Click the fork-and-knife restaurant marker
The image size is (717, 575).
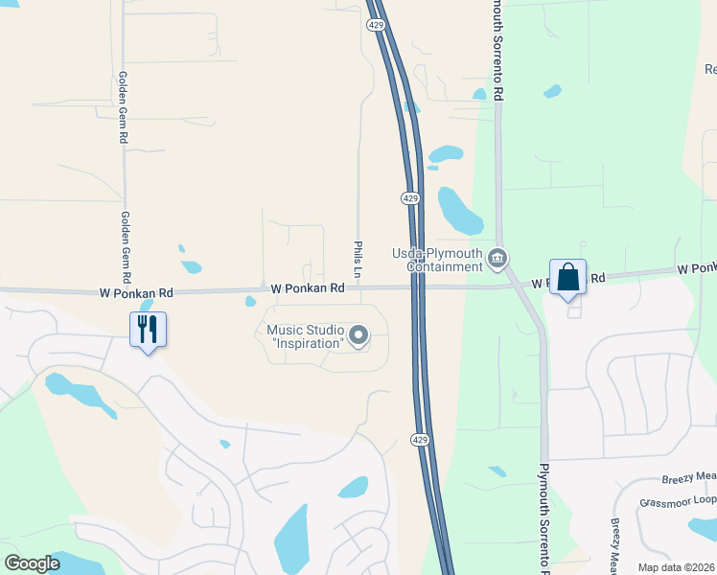(148, 329)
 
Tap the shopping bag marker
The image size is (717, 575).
(567, 277)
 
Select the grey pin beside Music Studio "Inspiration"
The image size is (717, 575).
(358, 334)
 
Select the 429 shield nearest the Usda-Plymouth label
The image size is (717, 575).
(409, 197)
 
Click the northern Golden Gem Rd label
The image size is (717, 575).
(123, 107)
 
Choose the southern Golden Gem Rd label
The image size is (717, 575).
(126, 247)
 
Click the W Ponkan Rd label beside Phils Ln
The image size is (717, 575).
(307, 287)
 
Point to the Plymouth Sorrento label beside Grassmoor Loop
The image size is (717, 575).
(544, 513)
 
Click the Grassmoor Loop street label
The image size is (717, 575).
(677, 500)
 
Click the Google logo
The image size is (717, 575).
(33, 563)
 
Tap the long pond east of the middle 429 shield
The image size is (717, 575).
(459, 210)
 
